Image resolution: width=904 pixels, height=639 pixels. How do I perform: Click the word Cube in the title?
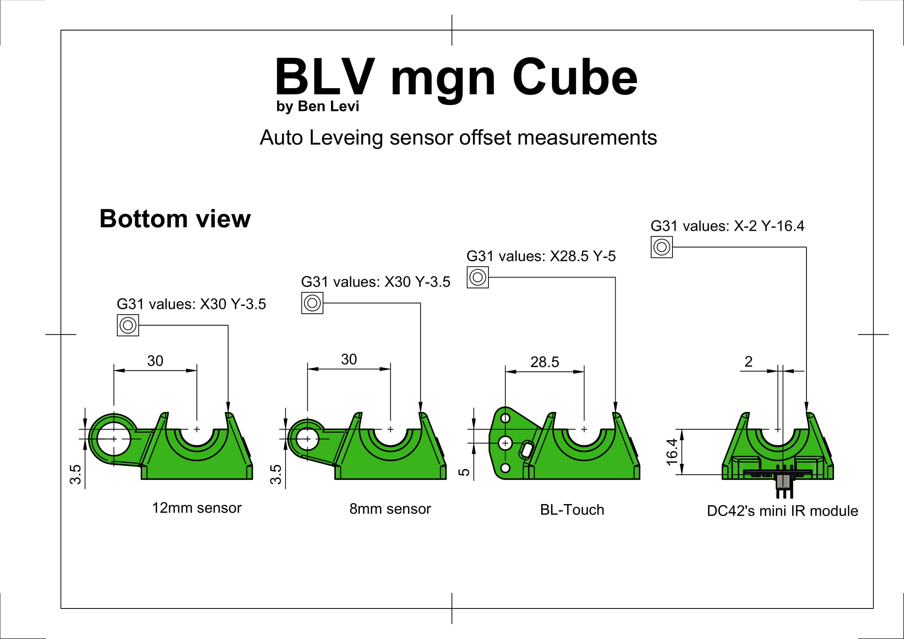[574, 78]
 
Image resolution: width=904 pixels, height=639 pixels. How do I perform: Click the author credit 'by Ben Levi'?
[317, 106]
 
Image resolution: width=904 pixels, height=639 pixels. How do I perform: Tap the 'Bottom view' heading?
[175, 218]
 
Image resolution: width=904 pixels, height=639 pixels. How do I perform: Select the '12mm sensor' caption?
[196, 508]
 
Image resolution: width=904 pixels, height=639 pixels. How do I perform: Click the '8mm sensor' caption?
[390, 509]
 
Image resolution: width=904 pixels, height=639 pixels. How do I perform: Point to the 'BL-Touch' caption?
[572, 510]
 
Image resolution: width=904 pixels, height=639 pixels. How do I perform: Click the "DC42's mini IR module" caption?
[782, 511]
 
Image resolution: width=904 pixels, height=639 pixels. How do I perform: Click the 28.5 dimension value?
[545, 362]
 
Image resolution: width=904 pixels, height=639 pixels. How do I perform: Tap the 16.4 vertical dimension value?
[672, 452]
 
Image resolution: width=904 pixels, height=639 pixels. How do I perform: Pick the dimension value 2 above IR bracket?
[749, 361]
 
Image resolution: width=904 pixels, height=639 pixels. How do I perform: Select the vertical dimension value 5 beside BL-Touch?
[465, 472]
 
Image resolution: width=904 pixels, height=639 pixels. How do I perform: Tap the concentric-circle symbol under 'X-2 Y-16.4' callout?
[661, 247]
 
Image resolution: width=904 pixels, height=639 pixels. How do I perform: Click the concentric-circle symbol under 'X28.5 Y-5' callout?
[478, 278]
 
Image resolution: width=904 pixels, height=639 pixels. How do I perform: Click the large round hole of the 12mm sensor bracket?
[114, 439]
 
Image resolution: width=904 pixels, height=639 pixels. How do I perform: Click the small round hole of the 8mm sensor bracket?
[307, 439]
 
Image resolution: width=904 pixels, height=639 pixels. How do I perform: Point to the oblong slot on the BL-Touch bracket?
[526, 450]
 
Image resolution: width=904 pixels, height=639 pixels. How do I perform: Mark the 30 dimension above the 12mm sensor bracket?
[155, 361]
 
